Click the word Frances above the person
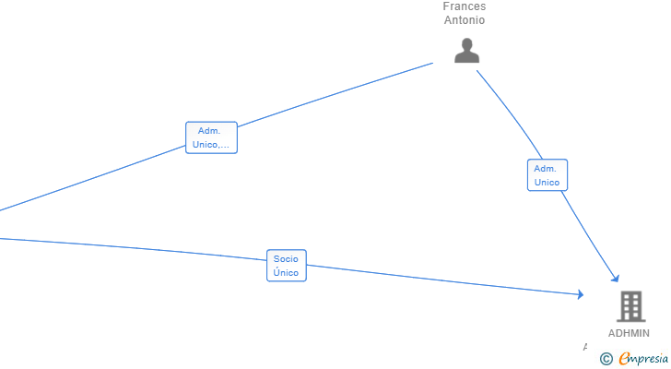(x=464, y=6)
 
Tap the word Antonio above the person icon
(x=464, y=20)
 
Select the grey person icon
(x=467, y=51)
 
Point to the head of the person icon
(x=467, y=44)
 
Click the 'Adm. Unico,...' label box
(x=211, y=137)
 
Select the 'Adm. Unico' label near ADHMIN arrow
(x=547, y=175)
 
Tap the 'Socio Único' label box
(x=286, y=266)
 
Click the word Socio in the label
(x=286, y=259)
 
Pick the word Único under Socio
(x=286, y=273)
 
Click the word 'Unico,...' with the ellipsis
(x=211, y=145)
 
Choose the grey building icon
(x=630, y=306)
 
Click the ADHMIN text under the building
(x=629, y=333)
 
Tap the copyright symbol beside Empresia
(x=606, y=359)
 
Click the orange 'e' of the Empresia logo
(x=624, y=359)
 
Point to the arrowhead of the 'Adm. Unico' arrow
(x=615, y=279)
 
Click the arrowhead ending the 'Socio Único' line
(x=581, y=294)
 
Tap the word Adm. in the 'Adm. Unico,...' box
(x=209, y=131)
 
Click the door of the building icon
(x=630, y=316)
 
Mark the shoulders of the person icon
(x=467, y=58)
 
